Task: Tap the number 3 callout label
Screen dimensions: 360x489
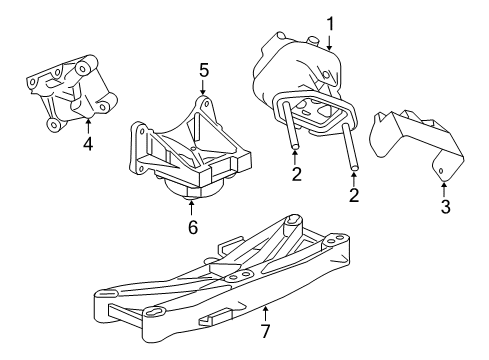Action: pos(445,207)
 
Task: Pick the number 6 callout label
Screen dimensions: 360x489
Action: pos(191,226)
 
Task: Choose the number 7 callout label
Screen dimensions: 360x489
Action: pos(266,329)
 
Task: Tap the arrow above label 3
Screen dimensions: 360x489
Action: pos(444,186)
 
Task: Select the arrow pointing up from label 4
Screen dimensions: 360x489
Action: pos(88,124)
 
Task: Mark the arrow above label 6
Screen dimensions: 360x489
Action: pos(191,207)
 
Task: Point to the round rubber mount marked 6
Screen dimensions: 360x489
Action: pos(190,189)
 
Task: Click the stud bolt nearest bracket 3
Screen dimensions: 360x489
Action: pos(350,150)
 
